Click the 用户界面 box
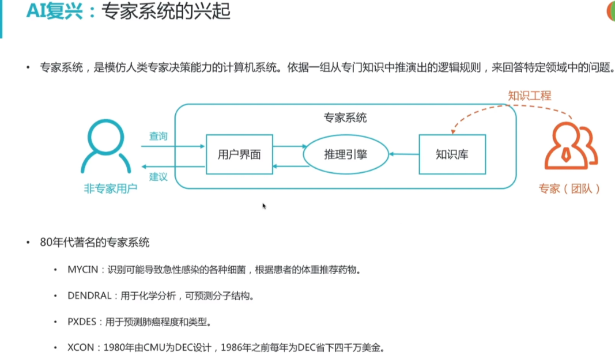[239, 154]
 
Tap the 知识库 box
[452, 154]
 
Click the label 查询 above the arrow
[159, 137]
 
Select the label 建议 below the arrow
[159, 177]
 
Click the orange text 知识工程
[529, 95]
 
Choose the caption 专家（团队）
[569, 188]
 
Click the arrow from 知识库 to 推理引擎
[403, 154]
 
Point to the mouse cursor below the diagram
[264, 206]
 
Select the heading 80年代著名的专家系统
[95, 242]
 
